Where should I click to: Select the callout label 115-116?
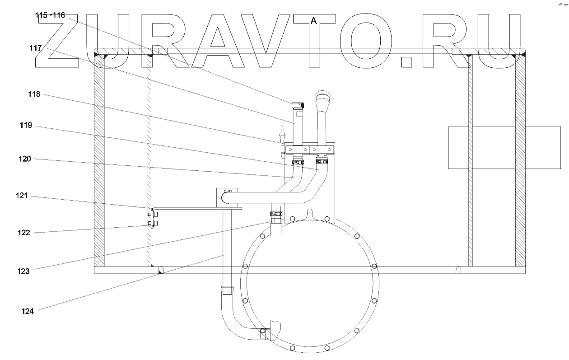(50, 15)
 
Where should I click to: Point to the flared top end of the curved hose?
(323, 96)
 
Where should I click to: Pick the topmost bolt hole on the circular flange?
(293, 219)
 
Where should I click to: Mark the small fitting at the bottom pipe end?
(265, 334)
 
